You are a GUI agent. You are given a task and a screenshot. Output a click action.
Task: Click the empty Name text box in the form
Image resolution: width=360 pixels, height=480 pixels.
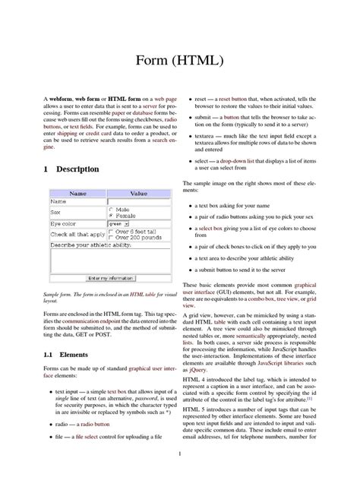click(x=138, y=202)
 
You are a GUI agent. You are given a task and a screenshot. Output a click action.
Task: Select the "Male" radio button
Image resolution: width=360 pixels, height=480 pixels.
click(x=111, y=209)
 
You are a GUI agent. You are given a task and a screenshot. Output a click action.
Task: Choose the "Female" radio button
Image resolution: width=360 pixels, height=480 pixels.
click(x=111, y=215)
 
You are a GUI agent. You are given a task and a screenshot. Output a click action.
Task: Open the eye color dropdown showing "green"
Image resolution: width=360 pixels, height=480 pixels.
click(x=119, y=224)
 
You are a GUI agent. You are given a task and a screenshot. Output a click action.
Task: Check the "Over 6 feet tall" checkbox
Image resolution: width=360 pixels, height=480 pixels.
click(x=111, y=232)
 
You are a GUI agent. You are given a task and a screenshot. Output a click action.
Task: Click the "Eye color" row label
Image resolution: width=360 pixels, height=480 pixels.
click(x=63, y=224)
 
